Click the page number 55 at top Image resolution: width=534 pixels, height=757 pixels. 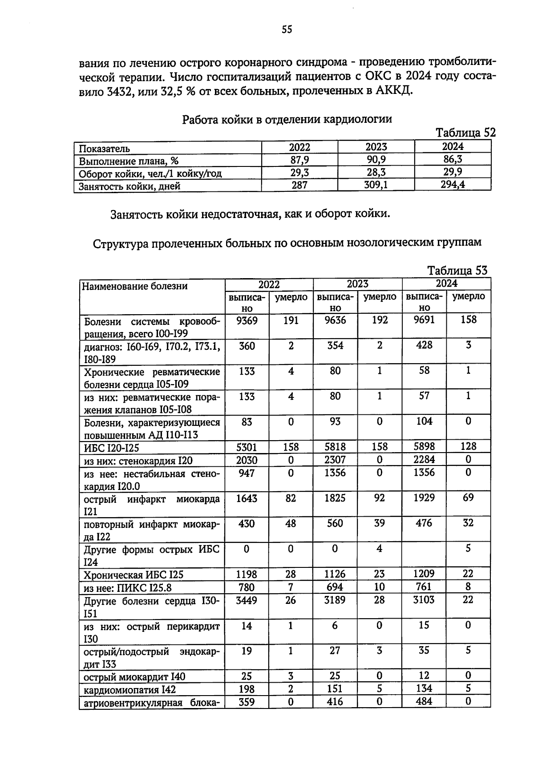287,30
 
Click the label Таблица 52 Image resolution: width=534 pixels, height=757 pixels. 465,133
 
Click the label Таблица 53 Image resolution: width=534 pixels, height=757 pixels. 457,270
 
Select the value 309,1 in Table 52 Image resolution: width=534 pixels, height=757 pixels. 376,185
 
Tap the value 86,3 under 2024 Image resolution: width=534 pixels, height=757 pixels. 453,159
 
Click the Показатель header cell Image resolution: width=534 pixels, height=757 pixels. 105,148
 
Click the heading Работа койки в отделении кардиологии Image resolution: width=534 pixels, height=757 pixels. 287,119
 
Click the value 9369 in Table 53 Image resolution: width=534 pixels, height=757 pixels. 247,320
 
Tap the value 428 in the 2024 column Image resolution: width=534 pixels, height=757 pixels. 424,345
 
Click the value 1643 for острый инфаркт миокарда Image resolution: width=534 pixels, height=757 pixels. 247,498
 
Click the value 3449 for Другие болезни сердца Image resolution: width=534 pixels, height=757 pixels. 247,600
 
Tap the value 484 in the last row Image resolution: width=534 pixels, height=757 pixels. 424,701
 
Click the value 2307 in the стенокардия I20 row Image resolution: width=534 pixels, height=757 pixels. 335,460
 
